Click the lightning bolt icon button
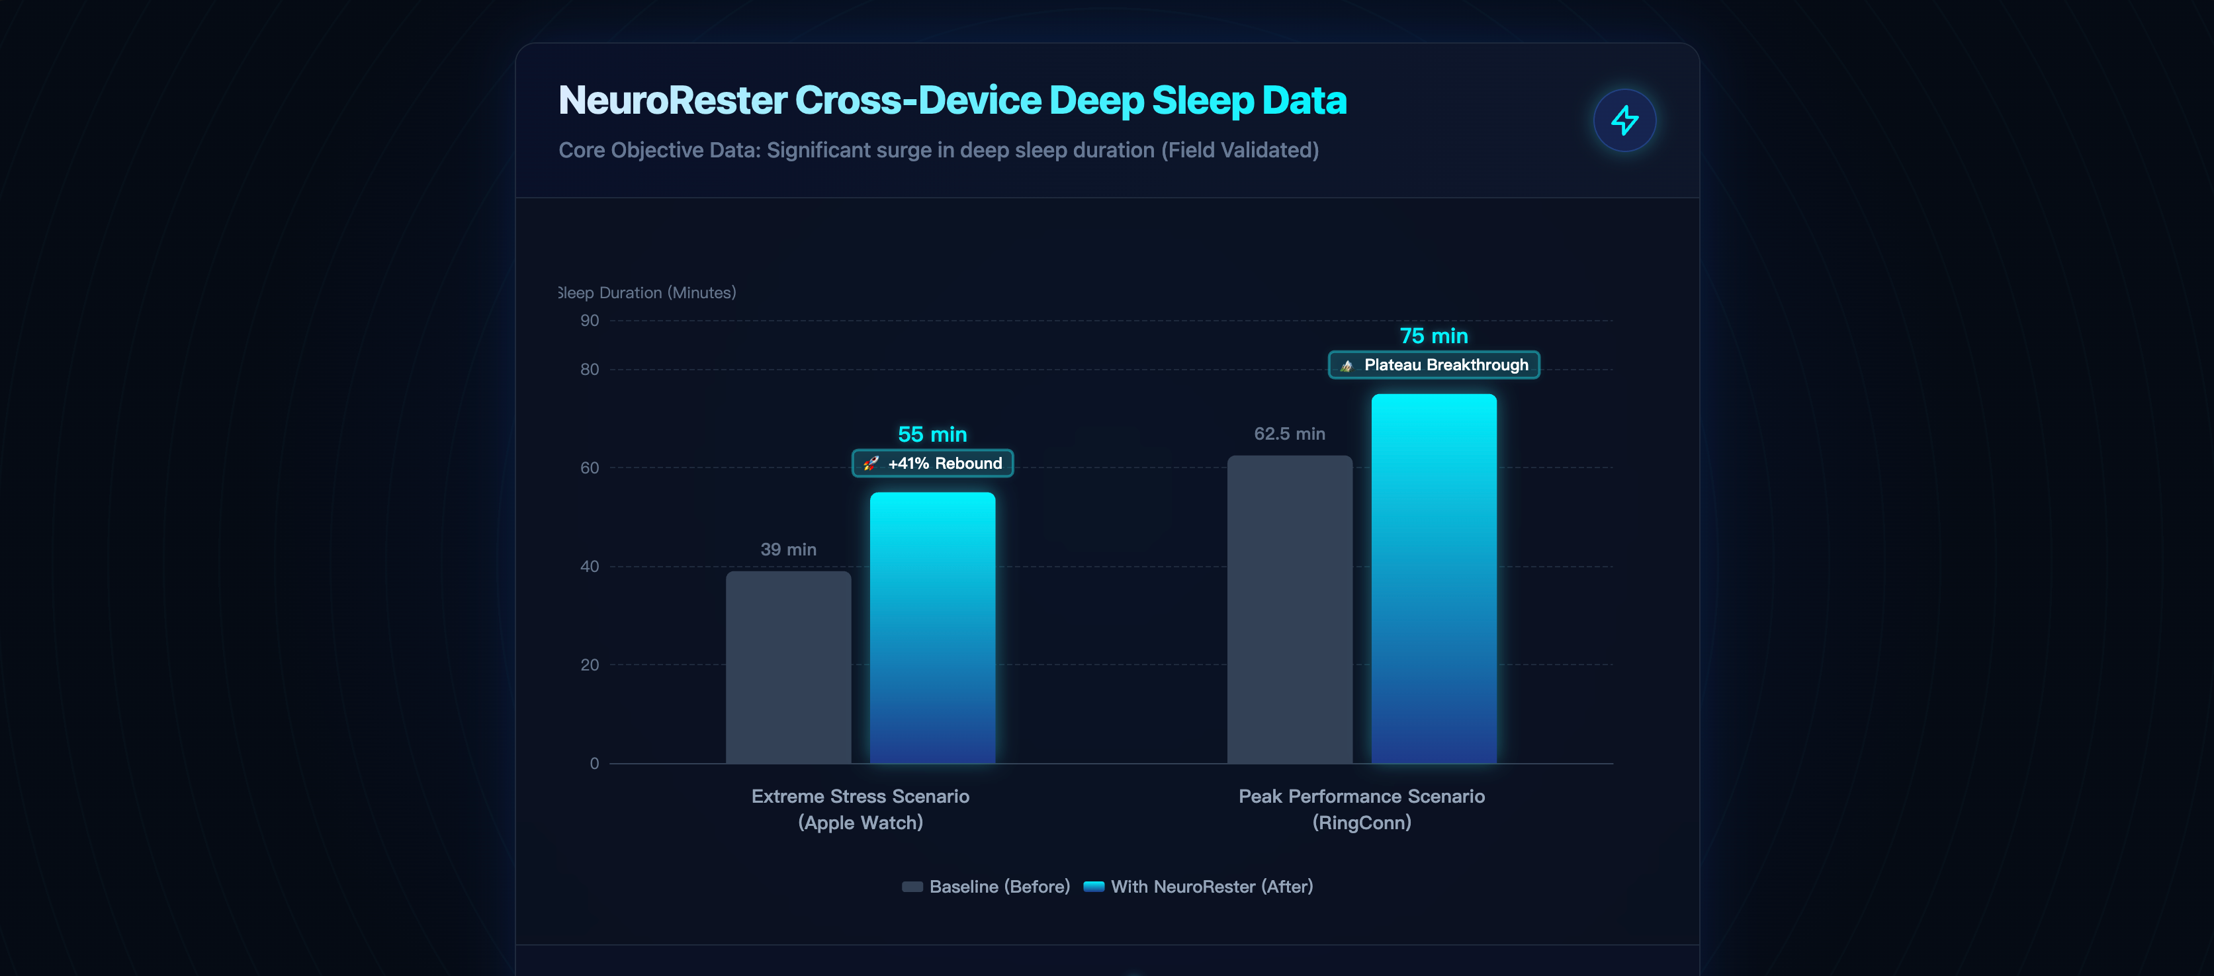(1624, 120)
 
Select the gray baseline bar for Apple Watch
(788, 668)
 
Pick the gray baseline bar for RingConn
(1289, 609)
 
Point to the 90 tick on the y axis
(590, 321)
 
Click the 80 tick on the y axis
(590, 370)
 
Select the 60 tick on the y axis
(590, 468)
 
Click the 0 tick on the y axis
(594, 764)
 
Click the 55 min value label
(932, 434)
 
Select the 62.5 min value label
(1289, 434)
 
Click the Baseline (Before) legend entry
(986, 887)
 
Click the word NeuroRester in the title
(672, 101)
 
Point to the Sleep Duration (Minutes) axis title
(647, 293)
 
